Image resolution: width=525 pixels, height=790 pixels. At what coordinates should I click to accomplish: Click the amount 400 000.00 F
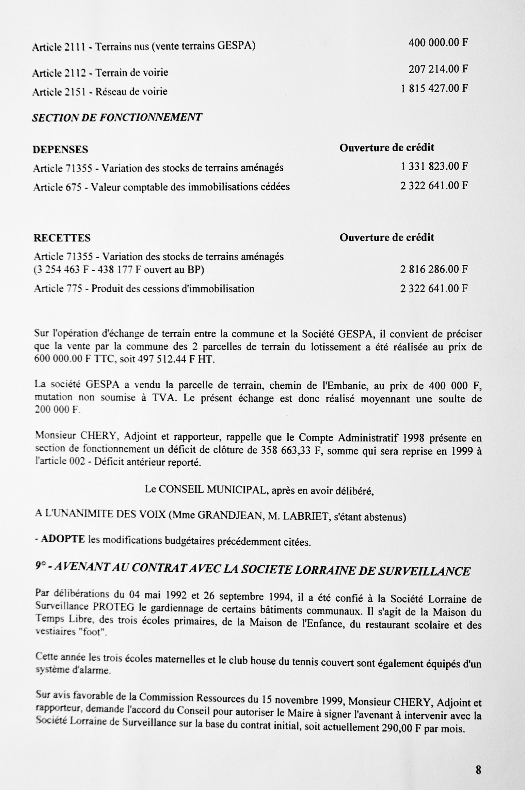tap(438, 43)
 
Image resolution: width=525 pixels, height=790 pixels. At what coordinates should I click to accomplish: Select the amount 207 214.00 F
tap(438, 69)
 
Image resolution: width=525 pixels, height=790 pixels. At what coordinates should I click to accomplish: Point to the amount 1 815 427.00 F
tap(434, 89)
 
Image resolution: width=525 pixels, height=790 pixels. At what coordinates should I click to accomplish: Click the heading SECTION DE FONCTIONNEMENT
tap(117, 118)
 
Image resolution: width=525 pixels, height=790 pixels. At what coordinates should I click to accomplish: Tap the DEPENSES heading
tap(60, 150)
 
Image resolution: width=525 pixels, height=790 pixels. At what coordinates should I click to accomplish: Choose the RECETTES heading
tap(62, 238)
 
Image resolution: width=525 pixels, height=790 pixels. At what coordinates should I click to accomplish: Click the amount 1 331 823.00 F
tap(434, 166)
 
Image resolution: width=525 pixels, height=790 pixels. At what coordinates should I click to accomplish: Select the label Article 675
tap(57, 187)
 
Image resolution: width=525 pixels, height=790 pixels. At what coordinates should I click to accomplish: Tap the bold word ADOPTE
tap(63, 540)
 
